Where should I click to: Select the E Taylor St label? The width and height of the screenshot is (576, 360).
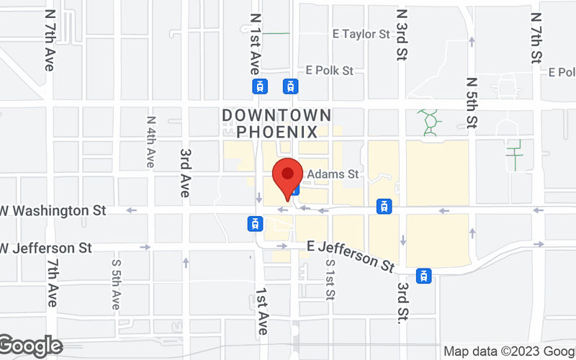(x=361, y=34)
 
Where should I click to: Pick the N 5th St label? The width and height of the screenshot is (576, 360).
(x=471, y=102)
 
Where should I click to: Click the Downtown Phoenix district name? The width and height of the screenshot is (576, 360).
(x=277, y=123)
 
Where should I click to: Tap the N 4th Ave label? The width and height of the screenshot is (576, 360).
(x=150, y=142)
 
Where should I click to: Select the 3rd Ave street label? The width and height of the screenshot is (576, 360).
(x=185, y=174)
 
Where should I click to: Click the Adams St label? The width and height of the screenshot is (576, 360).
(x=333, y=174)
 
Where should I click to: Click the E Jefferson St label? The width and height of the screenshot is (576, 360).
(x=351, y=254)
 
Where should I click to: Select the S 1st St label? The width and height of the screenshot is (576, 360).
(x=330, y=279)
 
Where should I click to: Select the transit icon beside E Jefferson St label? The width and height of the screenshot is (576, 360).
(x=425, y=275)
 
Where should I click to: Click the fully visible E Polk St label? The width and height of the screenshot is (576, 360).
(x=329, y=71)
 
